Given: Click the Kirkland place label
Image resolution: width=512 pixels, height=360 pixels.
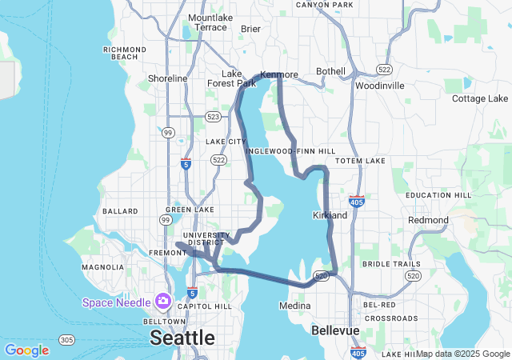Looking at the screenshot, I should (330, 215).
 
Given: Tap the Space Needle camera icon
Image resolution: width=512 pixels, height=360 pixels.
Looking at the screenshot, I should (163, 301).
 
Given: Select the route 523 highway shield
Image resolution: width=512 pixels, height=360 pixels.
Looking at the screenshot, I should (214, 116).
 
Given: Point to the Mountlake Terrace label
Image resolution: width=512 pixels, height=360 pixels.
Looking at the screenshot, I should (207, 22).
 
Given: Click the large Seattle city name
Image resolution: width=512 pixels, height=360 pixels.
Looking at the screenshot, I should (182, 337).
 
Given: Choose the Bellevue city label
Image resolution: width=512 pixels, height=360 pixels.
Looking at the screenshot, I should (336, 330).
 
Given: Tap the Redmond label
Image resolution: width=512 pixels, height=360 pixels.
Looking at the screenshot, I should (428, 220).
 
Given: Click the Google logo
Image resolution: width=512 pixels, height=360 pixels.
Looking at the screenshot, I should (26, 350).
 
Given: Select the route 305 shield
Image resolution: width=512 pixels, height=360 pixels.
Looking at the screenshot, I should (67, 339).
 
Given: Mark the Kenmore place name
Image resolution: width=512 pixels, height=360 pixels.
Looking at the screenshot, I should (279, 74).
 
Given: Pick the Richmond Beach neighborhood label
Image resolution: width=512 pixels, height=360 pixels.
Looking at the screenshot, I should (125, 53).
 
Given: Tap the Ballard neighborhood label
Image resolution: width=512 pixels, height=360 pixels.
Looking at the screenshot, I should (120, 211).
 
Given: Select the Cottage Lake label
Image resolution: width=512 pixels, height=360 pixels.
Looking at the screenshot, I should (480, 98).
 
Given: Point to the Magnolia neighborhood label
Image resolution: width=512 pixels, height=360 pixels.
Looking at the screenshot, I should (102, 266).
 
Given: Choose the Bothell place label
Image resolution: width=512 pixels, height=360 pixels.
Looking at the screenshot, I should (330, 71).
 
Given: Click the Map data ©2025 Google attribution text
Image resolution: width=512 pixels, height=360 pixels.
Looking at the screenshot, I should (462, 354).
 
